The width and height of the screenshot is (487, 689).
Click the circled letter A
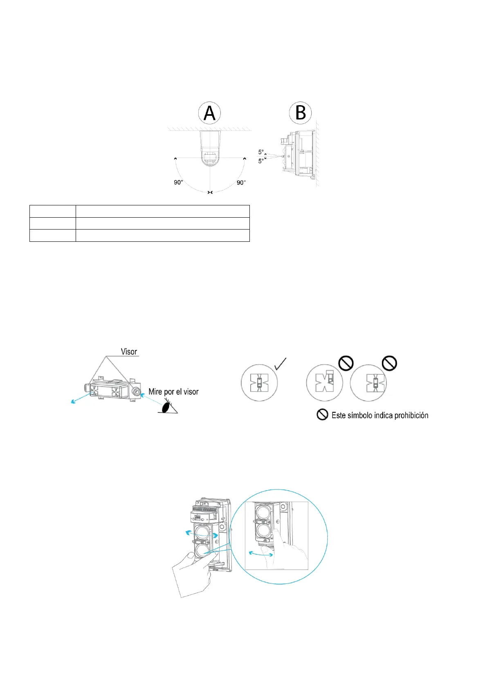pyautogui.click(x=209, y=113)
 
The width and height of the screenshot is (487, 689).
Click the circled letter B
pyautogui.click(x=301, y=113)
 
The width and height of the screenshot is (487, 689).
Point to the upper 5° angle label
pyautogui.click(x=261, y=152)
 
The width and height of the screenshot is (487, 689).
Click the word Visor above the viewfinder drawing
pyautogui.click(x=129, y=351)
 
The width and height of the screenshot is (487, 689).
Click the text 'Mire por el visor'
pyautogui.click(x=173, y=392)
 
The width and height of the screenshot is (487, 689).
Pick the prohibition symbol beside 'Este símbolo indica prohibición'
pyautogui.click(x=322, y=415)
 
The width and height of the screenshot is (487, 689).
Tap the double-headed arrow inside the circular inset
pyautogui.click(x=261, y=554)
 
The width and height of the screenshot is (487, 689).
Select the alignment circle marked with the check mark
pyautogui.click(x=259, y=383)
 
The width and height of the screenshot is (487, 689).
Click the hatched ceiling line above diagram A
pyautogui.click(x=209, y=128)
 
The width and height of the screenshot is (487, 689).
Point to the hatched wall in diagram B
pyautogui.click(x=317, y=153)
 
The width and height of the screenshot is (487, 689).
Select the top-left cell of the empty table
pyautogui.click(x=53, y=211)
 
